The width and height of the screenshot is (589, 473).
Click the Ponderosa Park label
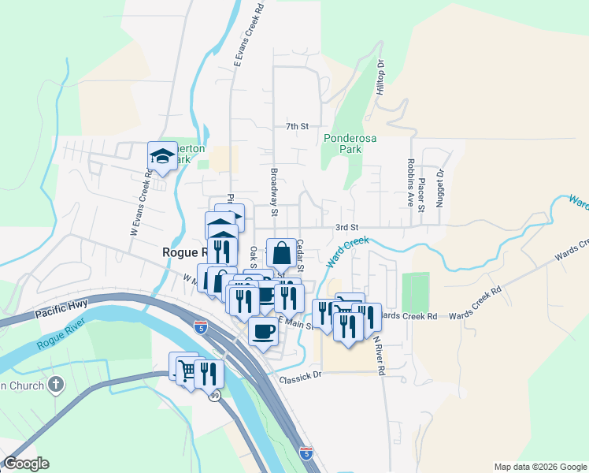click(343, 142)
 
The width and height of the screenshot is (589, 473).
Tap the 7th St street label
click(296, 126)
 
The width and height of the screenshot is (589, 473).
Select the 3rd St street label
click(346, 227)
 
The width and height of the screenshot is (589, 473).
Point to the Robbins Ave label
click(411, 182)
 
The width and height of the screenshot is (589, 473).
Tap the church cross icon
click(55, 385)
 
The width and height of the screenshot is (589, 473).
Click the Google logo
click(26, 464)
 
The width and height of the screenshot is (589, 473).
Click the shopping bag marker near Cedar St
click(282, 253)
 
